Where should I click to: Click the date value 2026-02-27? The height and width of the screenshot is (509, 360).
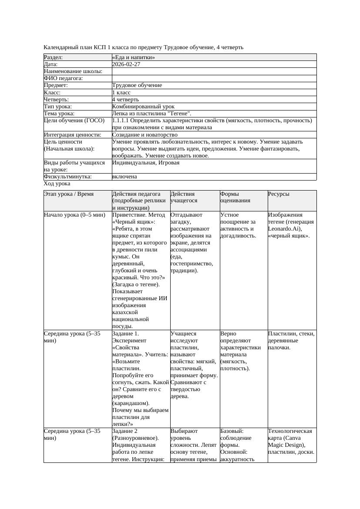coord(126,64)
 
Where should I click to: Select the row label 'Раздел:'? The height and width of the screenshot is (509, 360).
coord(54,57)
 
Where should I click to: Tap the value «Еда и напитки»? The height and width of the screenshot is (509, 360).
coord(133,57)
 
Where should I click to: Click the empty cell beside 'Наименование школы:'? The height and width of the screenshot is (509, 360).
coord(214,71)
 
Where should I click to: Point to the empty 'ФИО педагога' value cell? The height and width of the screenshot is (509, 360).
coord(214,78)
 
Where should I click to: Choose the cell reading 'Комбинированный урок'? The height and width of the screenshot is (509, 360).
coord(143,107)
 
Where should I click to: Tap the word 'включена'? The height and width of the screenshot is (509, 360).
coord(124,177)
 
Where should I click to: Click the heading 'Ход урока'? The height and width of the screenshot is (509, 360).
coord(57,184)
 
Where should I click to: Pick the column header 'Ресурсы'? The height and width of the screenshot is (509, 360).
coord(279,194)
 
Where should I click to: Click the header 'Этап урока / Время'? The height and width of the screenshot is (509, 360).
coord(69,194)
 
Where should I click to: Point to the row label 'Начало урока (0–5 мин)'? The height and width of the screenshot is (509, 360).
coord(74,215)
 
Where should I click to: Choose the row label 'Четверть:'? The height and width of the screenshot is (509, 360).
coord(57,100)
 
